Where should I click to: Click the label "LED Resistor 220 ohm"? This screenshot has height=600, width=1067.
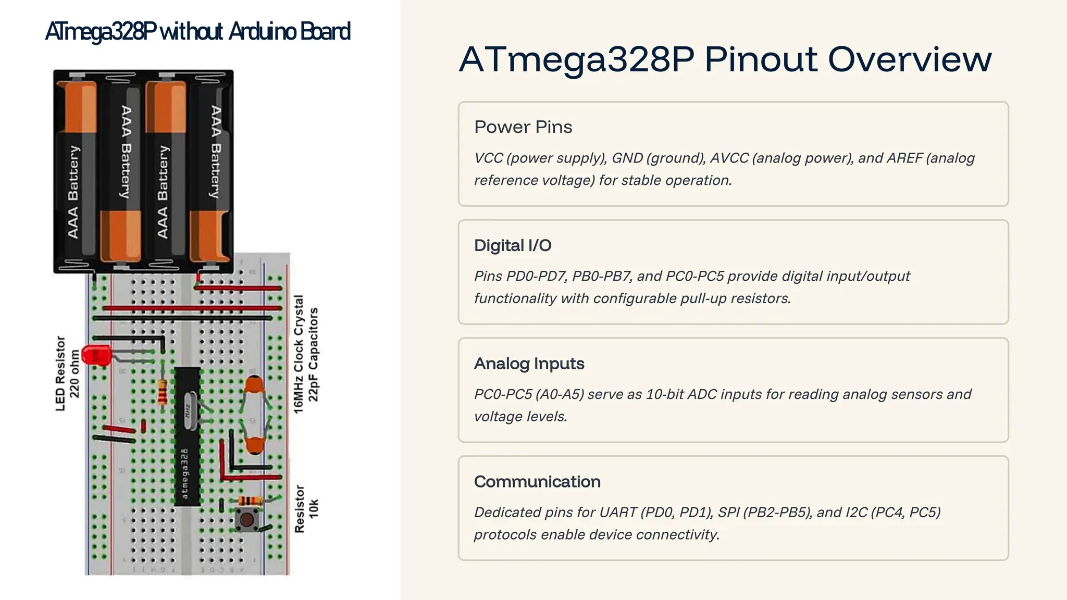[68, 373]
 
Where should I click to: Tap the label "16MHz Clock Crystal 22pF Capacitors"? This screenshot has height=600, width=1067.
[306, 355]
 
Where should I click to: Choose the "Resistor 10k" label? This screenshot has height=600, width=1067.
[306, 509]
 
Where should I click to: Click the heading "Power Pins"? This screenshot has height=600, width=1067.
[523, 127]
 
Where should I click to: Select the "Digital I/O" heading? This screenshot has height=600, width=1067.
[513, 245]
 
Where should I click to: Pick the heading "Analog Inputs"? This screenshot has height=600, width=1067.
[529, 364]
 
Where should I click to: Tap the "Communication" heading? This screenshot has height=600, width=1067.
[537, 482]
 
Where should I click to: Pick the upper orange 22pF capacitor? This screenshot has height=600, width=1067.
[254, 386]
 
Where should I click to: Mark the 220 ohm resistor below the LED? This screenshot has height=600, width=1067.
[163, 392]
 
